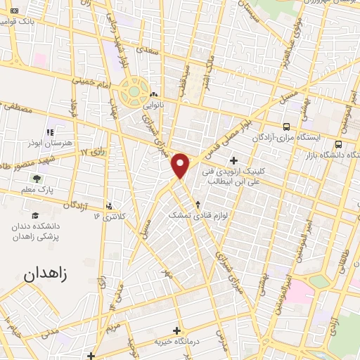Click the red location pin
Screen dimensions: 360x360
[181, 165]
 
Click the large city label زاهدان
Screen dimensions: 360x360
[49, 274]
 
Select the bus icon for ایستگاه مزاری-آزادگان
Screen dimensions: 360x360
[285, 127]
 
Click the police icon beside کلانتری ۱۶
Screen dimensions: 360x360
[109, 207]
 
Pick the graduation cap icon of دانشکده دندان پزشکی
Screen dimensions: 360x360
[36, 216]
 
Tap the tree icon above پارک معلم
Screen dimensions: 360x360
[35, 179]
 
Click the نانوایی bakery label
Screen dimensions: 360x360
[155, 105]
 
